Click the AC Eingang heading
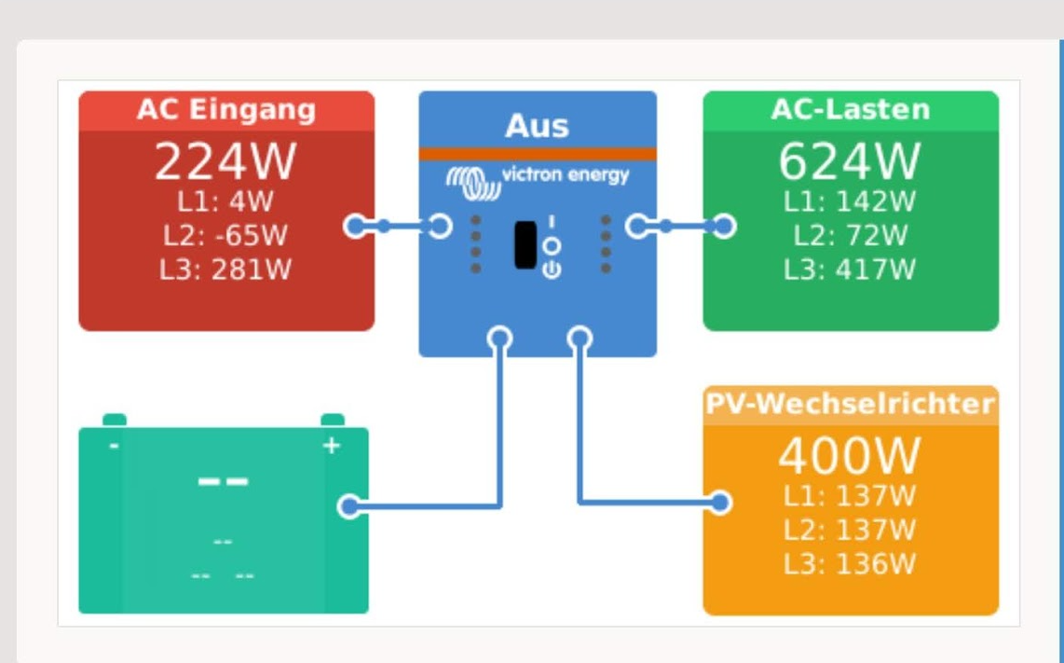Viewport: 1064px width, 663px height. (226, 109)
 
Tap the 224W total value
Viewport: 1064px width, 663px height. (225, 161)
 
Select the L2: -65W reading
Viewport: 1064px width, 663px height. (225, 236)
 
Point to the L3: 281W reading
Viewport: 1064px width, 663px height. (225, 269)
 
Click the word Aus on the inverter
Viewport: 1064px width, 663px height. (537, 126)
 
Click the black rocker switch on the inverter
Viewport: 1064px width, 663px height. (525, 244)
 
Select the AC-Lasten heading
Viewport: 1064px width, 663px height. (851, 109)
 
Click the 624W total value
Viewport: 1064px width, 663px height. (850, 161)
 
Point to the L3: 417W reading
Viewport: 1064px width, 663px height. (850, 269)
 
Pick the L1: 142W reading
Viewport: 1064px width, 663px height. (850, 201)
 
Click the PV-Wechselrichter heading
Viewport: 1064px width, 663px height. (851, 404)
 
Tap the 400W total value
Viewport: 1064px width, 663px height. (850, 456)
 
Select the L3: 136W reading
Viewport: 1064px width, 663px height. (850, 564)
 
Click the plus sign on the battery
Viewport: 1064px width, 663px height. (331, 446)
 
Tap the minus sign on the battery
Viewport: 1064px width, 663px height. (114, 446)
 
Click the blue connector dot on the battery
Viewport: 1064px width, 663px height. (349, 506)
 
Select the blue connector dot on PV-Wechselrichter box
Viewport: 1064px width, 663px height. (720, 503)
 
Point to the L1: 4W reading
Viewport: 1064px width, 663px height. (225, 201)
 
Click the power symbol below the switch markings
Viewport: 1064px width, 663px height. (552, 269)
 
